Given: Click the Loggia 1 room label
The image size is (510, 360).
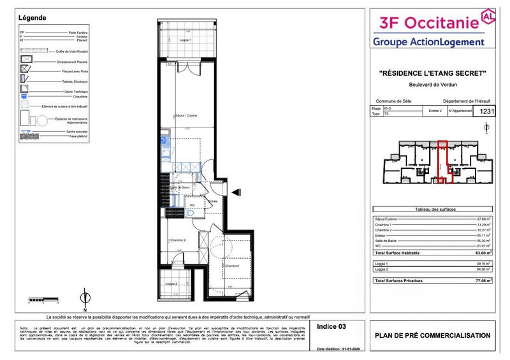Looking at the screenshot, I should (185, 40).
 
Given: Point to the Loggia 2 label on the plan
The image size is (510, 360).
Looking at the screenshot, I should (170, 284).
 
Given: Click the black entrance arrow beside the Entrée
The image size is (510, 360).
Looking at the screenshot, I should (236, 192).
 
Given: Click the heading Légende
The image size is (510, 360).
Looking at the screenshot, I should (33, 18).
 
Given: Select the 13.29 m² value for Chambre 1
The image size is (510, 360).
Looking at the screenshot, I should (484, 224).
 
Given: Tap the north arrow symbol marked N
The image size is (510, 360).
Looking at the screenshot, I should (84, 299).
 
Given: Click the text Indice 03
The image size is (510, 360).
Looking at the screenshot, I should (331, 326).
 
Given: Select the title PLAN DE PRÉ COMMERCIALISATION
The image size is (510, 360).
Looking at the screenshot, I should (432, 336).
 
